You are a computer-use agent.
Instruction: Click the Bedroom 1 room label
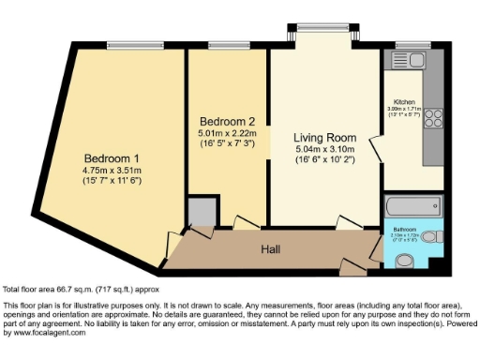point(111,157)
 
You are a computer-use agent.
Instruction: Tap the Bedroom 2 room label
point(226,121)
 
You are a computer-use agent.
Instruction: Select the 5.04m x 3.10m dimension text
point(320,148)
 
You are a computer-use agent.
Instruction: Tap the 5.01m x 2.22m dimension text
point(226,133)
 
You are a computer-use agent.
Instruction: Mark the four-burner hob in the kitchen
point(434,119)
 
